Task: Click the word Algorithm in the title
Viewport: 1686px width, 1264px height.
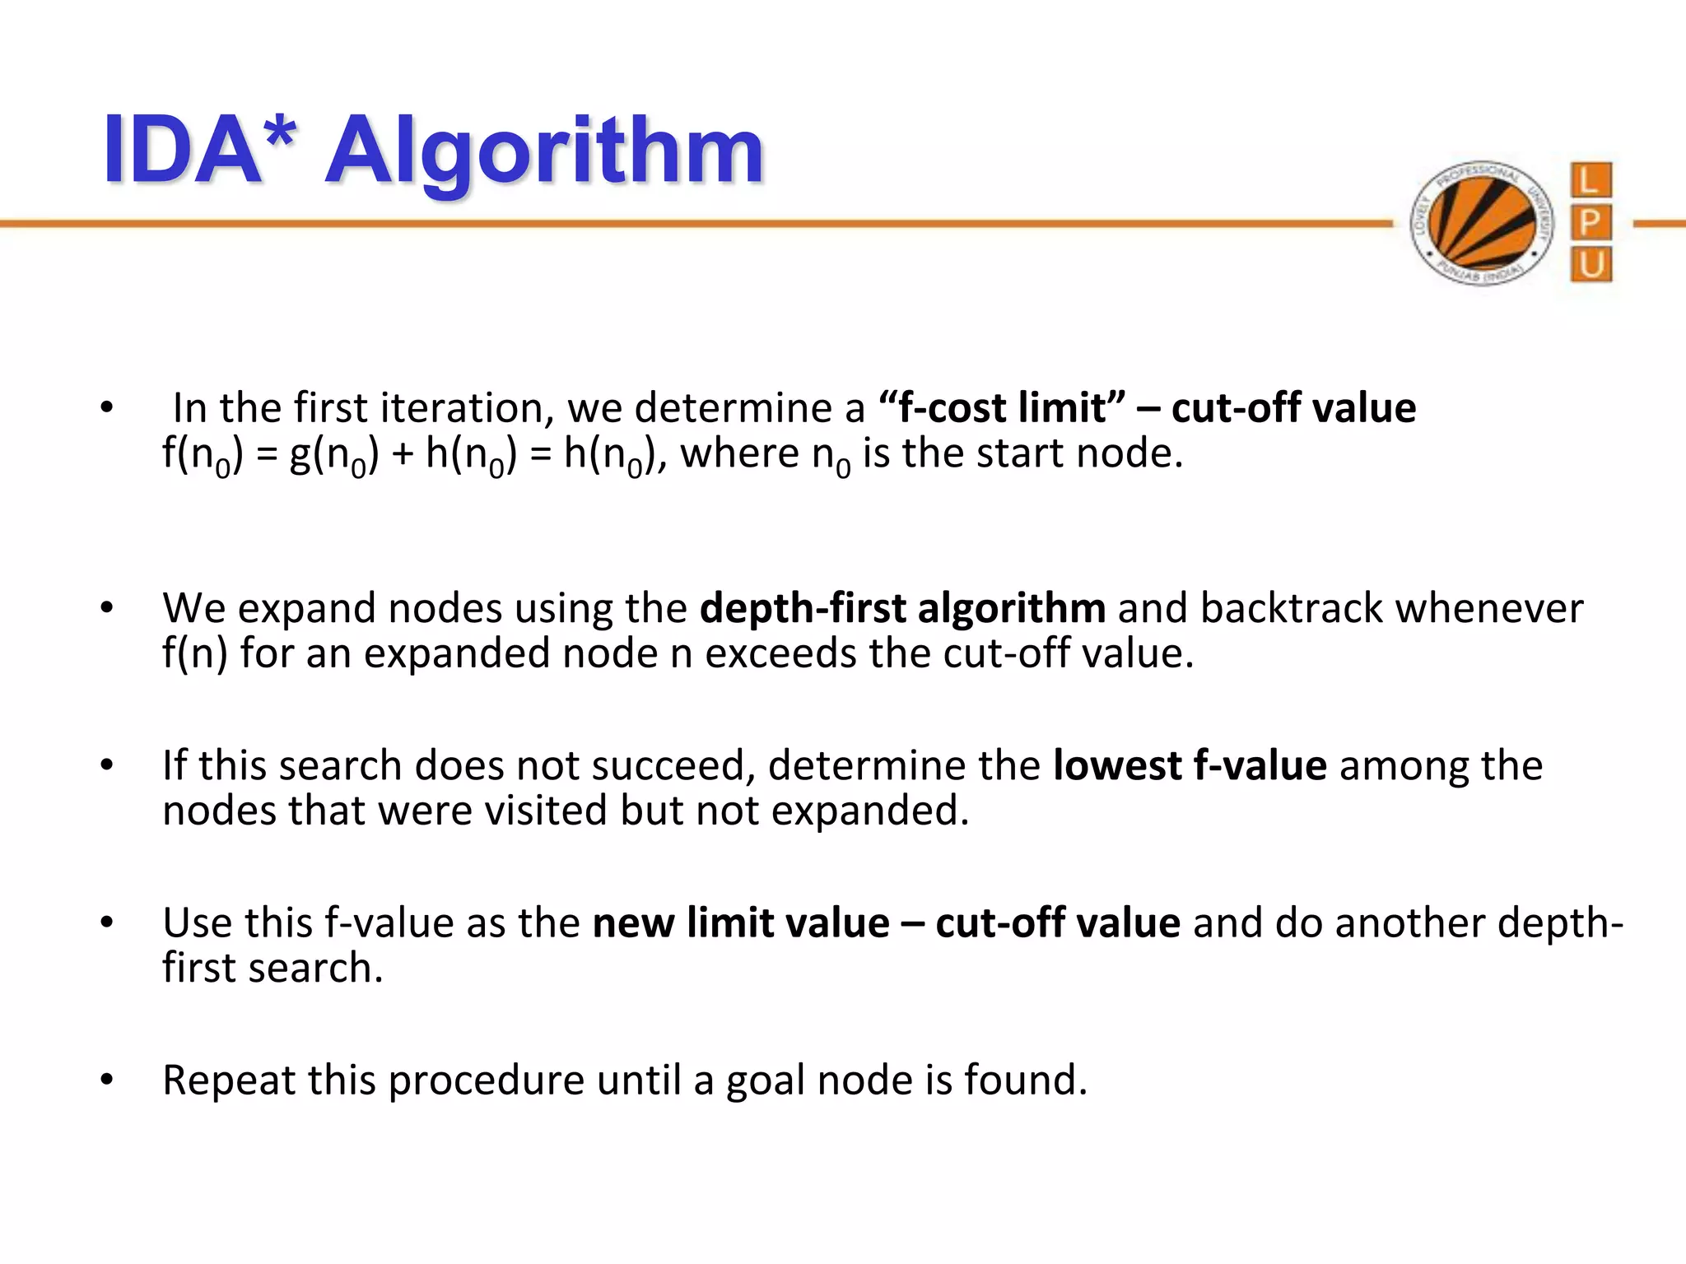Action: click(545, 152)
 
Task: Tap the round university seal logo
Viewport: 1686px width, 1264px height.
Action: click(1482, 223)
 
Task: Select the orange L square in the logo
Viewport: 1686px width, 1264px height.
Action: click(1591, 180)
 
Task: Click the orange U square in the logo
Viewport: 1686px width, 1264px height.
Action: click(1591, 265)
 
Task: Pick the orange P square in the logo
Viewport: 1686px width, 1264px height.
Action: click(1591, 222)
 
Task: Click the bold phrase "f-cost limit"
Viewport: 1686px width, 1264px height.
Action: click(1002, 408)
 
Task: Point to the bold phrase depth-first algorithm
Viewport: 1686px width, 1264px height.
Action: click(902, 609)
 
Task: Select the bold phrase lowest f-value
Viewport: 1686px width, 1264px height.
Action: click(1190, 765)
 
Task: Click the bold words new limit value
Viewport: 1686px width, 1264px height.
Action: click(740, 922)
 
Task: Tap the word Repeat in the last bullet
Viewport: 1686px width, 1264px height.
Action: click(228, 1080)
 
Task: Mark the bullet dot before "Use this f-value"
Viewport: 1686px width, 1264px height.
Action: click(106, 922)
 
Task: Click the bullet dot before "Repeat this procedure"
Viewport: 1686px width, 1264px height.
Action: click(106, 1080)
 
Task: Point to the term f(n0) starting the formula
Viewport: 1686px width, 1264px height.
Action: click(203, 455)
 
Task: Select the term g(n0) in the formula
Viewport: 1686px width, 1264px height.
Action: click(333, 455)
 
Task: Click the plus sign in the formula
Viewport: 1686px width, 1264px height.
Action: click(402, 455)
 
